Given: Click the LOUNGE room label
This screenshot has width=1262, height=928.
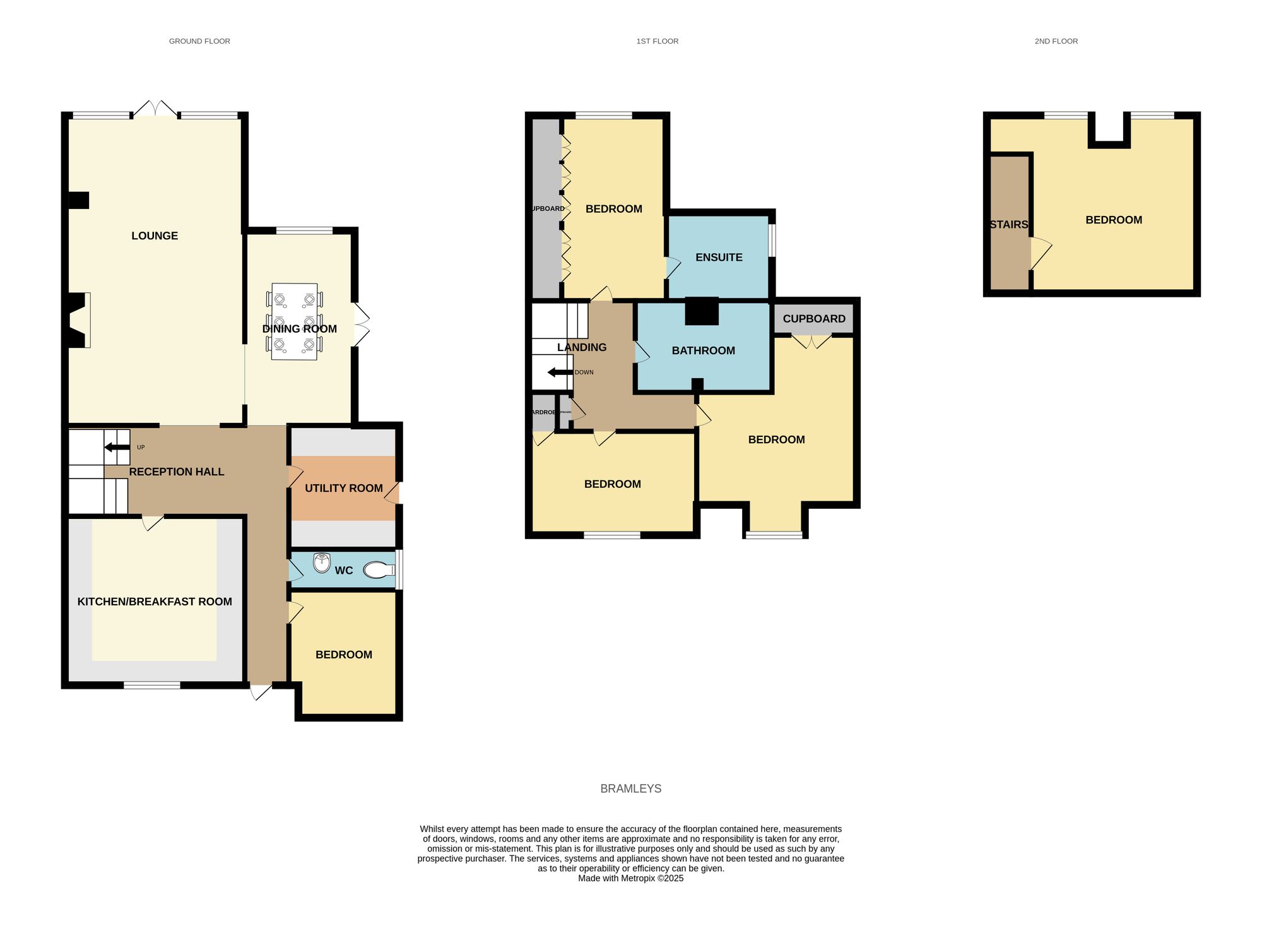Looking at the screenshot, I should tap(155, 236).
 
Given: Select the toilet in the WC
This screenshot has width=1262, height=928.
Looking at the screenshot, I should tap(378, 570).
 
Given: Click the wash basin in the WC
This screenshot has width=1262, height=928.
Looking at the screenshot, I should tap(322, 562).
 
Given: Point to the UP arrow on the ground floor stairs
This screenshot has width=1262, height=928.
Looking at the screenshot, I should tap(117, 448).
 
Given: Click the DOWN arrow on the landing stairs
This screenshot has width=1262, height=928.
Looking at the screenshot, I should tap(560, 372).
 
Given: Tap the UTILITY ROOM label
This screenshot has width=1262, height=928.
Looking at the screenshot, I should tap(344, 488).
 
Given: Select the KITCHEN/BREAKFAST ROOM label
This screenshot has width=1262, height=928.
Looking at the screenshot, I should tap(155, 602).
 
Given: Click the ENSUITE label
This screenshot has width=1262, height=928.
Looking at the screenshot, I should tap(719, 258).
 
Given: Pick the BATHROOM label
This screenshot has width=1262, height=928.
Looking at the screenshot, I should tap(703, 351).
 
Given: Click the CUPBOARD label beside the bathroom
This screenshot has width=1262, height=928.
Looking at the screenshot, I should tap(814, 319).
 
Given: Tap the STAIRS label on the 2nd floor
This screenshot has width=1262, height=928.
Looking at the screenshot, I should tap(1009, 225).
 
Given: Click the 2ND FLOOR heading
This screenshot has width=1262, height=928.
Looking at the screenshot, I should tap(1056, 41).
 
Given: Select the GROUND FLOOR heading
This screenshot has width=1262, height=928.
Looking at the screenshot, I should tap(199, 41).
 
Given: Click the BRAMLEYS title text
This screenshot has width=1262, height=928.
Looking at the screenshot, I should tap(630, 788).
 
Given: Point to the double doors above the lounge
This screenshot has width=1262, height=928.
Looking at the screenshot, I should tap(155, 109).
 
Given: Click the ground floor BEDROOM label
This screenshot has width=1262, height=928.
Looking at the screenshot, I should tap(344, 655).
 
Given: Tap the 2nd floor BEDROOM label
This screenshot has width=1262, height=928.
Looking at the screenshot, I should tap(1114, 220).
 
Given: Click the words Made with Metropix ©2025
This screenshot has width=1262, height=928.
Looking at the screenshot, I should tap(630, 878).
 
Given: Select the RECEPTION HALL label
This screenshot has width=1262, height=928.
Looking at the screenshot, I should tap(177, 472).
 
